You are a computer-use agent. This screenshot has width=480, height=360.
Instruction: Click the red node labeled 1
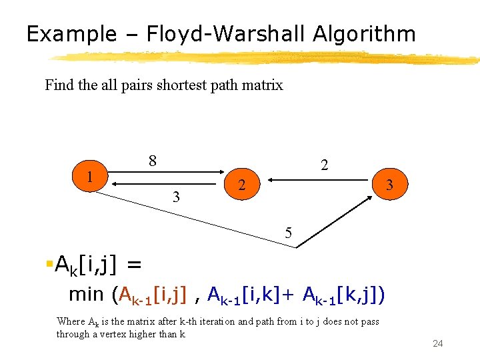point(89,177)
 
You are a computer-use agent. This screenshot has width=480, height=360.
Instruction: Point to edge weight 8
point(153,161)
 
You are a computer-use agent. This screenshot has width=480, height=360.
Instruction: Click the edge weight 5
point(288,233)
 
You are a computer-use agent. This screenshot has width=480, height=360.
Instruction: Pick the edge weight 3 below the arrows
point(175,197)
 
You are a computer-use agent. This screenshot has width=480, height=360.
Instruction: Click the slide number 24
point(438,343)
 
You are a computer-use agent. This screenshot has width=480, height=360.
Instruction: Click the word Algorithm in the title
point(361,34)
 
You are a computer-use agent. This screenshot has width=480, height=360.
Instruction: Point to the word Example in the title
point(69,34)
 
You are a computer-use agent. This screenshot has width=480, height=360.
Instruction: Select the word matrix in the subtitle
point(265,85)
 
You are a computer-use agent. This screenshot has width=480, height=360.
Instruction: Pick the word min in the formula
point(87,293)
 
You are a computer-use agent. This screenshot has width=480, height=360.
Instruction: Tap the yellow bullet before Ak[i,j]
point(49,265)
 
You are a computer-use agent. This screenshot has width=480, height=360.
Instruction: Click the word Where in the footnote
point(71,321)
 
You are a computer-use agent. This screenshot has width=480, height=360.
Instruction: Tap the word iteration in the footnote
point(206,321)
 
